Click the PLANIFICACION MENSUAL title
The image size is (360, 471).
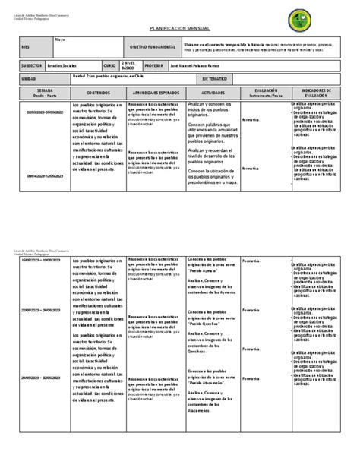click(x=179, y=25)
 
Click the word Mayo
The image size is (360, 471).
click(x=59, y=38)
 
